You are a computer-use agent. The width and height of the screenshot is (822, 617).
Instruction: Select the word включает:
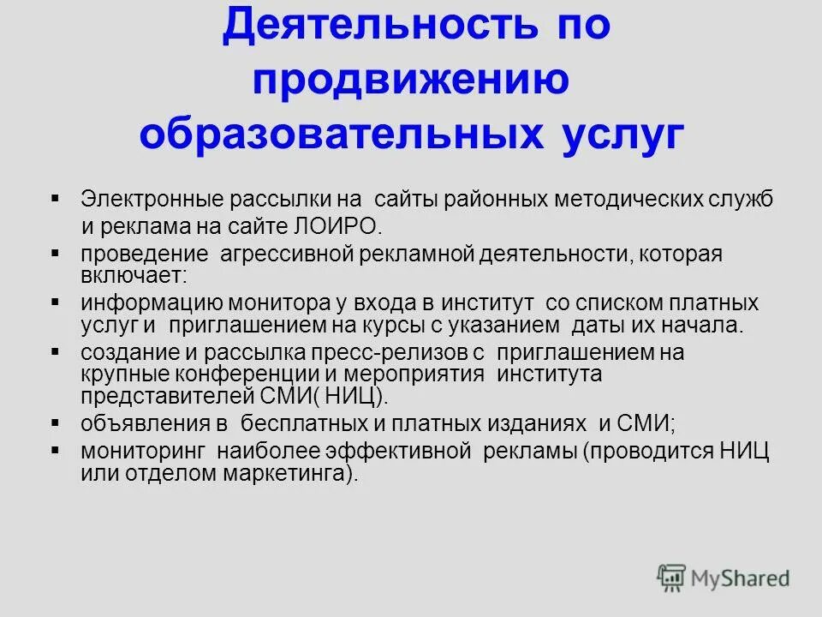(133, 276)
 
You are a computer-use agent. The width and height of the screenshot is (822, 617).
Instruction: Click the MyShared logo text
(742, 578)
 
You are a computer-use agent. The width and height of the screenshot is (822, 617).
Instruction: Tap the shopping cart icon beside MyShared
(672, 578)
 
